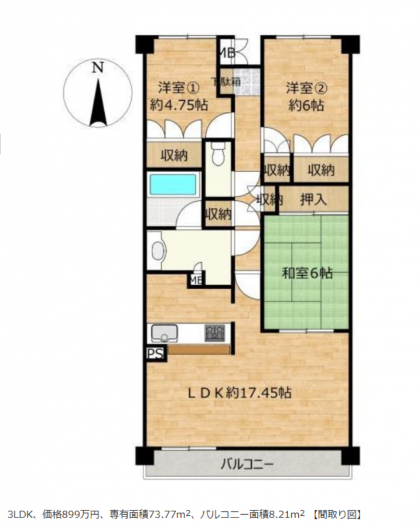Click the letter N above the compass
coord(98,67)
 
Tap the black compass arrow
coord(98,102)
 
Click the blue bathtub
coord(173,184)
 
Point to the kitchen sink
coord(165,333)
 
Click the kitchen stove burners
coord(215,333)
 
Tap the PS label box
coord(156,354)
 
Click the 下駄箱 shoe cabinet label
coord(226,81)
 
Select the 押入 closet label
coord(313,200)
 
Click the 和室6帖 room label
coord(307,273)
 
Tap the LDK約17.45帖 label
coord(239,392)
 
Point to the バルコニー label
coord(247,465)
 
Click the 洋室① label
coord(179,88)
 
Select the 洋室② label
coord(306,88)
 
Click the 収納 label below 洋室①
coord(174,155)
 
